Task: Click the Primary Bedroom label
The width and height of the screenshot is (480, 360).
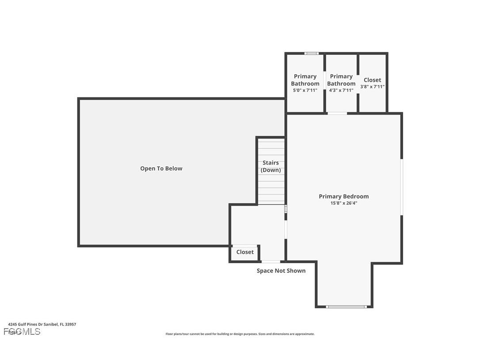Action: pos(343,196)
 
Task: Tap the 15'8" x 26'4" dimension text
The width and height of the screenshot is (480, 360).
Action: pos(343,203)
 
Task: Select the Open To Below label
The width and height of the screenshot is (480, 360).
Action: pos(161,169)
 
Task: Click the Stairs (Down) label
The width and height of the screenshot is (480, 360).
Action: pos(270,166)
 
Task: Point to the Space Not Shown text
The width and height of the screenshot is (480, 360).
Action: pos(281,271)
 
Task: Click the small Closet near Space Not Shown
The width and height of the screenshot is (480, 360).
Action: pos(245,252)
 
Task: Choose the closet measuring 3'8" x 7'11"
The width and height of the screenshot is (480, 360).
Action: pos(372,83)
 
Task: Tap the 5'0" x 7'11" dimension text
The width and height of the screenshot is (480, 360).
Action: pos(305,90)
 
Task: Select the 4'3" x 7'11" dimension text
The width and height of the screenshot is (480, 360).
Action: pos(341,90)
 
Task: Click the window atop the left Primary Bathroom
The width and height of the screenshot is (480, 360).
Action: pos(311,54)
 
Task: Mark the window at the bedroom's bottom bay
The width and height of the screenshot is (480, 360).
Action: pos(346,306)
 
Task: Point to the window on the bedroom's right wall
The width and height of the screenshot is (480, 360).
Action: pos(401,187)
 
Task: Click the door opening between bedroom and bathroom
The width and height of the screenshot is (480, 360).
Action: pos(337,114)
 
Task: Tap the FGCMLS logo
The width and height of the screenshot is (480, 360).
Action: pos(22,332)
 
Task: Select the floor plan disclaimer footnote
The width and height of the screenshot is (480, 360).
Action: pos(240,334)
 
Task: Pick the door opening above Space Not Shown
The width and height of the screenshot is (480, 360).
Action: pos(270,262)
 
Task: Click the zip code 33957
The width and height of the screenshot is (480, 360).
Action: pos(70,324)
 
